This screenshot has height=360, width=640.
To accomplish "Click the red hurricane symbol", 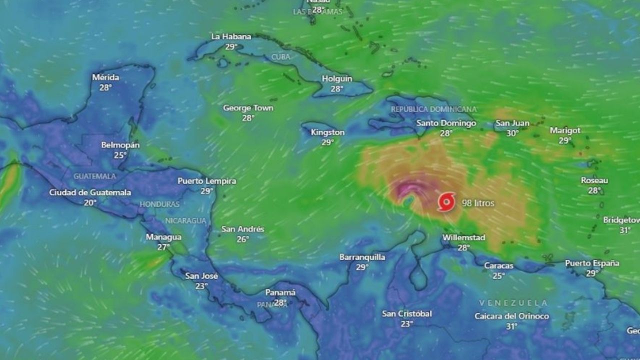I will pyautogui.click(x=446, y=202).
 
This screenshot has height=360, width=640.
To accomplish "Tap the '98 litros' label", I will pyautogui.click(x=478, y=203).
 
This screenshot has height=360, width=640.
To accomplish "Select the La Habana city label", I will pyautogui.click(x=231, y=36).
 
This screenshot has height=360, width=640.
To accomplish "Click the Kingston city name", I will pyautogui.click(x=327, y=132).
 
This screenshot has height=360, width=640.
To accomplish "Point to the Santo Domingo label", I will pyautogui.click(x=446, y=123).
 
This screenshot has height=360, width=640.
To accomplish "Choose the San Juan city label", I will pyautogui.click(x=512, y=123).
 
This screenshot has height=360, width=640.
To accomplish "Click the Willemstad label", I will pyautogui.click(x=463, y=238).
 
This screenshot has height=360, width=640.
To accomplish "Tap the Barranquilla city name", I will pyautogui.click(x=362, y=257).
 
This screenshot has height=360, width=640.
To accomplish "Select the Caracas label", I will pyautogui.click(x=498, y=265).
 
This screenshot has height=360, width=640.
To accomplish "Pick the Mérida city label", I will pyautogui.click(x=105, y=77).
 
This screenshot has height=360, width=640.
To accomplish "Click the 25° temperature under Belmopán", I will pyautogui.click(x=120, y=155).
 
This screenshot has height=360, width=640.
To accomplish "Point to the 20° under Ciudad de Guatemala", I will pyautogui.click(x=90, y=202).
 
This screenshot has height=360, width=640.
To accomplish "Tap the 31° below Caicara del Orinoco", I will pyautogui.click(x=511, y=326).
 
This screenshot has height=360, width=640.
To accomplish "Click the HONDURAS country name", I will pyautogui.click(x=159, y=204).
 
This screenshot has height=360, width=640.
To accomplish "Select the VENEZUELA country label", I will pyautogui.click(x=513, y=303).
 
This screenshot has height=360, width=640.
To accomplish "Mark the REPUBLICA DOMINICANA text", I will pyautogui.click(x=433, y=109).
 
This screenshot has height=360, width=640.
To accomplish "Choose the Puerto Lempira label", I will pyautogui.click(x=206, y=181).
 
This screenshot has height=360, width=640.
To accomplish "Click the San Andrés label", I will pyautogui.click(x=242, y=229).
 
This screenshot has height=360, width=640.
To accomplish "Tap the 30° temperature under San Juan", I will pyautogui.click(x=512, y=133).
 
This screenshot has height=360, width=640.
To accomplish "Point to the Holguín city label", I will pyautogui.click(x=337, y=78).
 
